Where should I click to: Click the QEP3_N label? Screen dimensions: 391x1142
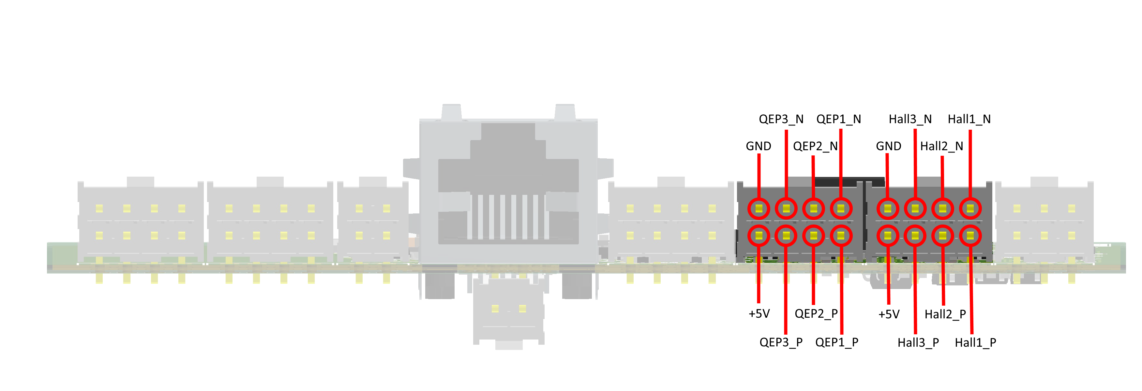781,119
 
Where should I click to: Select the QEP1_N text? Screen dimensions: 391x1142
838,119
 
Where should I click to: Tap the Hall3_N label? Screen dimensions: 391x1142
910,119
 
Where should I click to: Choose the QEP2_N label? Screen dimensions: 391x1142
815,146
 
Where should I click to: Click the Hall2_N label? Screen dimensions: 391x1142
941,146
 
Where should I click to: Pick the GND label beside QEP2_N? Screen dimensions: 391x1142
758,146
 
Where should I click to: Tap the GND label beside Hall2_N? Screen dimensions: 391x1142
888,146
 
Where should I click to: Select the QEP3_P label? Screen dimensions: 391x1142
781,342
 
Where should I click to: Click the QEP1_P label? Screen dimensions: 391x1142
836,342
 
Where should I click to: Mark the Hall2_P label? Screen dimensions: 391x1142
945,314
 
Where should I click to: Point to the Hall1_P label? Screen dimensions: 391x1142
975,343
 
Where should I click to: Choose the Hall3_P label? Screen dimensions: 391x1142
918,343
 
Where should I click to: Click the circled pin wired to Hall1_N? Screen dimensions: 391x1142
970,209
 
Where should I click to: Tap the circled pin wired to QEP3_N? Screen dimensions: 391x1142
786,209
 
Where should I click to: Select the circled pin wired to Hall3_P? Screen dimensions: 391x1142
915,236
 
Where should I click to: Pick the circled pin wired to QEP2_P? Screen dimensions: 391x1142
814,236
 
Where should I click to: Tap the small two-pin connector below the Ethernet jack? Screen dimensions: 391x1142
508,314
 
